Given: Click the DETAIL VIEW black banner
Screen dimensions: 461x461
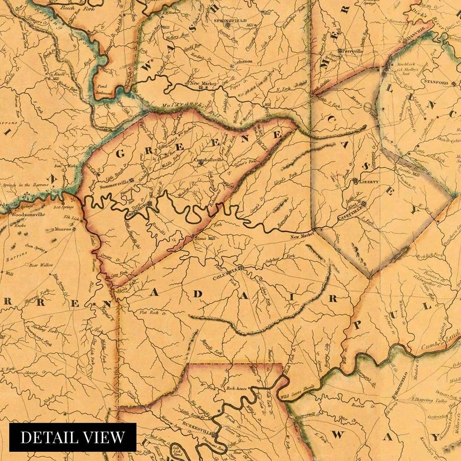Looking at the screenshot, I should (x=73, y=437).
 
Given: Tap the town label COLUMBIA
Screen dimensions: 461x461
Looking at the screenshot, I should (x=224, y=272).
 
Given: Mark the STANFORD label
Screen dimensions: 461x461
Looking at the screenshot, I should (x=435, y=82).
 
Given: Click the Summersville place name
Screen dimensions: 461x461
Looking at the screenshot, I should (x=115, y=183).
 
